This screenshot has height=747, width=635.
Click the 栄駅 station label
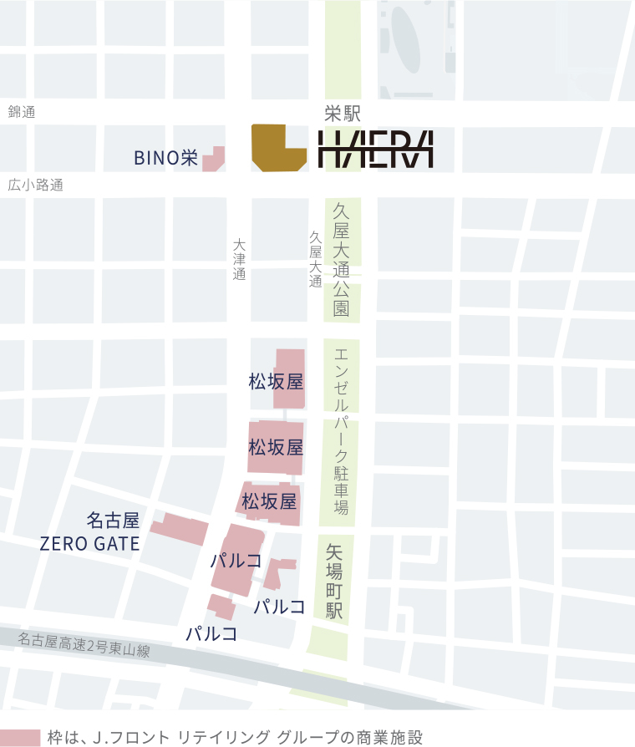[342, 114]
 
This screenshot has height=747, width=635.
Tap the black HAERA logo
[376, 150]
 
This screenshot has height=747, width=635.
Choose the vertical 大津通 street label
[240, 260]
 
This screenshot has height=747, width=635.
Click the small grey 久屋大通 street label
[315, 259]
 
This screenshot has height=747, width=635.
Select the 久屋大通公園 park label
[341, 260]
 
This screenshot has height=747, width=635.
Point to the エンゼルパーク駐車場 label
[341, 430]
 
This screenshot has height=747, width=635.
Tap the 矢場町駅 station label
[335, 582]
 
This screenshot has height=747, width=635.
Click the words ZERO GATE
[89, 544]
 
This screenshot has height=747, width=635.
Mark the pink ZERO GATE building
[180, 528]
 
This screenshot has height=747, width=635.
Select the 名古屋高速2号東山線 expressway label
[84, 644]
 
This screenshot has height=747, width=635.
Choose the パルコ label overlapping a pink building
[236, 561]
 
